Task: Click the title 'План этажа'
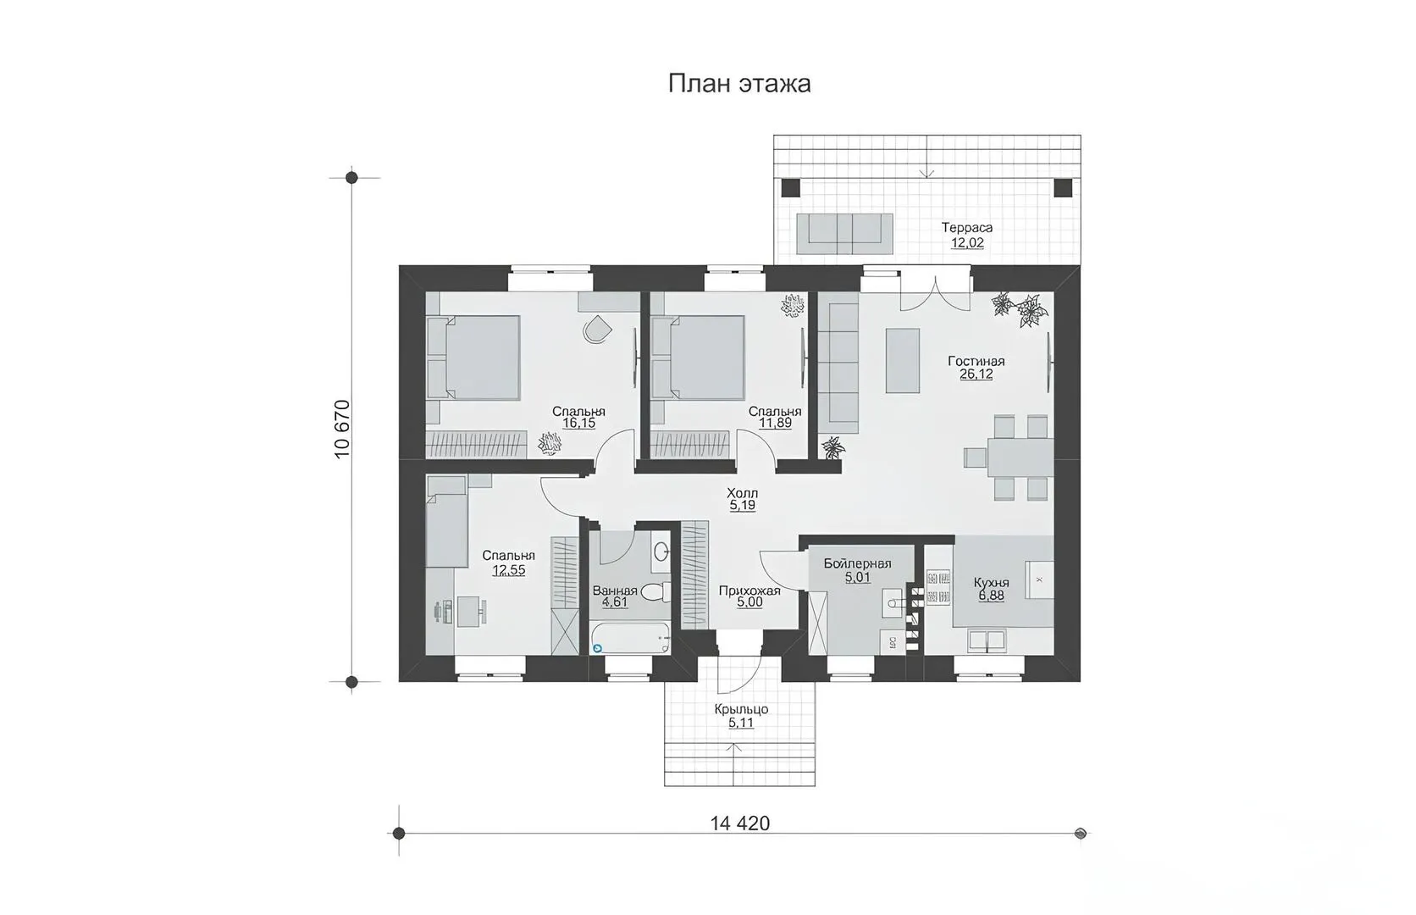(x=739, y=84)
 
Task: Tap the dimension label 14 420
(x=739, y=823)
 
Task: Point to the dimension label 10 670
(x=342, y=429)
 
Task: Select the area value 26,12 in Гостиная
(x=976, y=374)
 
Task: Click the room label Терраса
(x=966, y=228)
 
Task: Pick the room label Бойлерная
(x=857, y=563)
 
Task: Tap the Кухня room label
(x=991, y=582)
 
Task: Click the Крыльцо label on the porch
(x=742, y=709)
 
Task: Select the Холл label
(x=742, y=492)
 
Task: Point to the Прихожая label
(x=749, y=591)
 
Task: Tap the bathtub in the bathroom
(x=630, y=638)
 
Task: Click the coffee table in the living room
(x=902, y=360)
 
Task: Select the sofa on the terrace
(x=844, y=233)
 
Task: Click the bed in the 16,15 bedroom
(x=473, y=358)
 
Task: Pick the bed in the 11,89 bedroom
(x=698, y=358)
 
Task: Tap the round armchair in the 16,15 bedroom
(x=597, y=329)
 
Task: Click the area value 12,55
(x=508, y=570)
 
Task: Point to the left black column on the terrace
(x=791, y=188)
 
